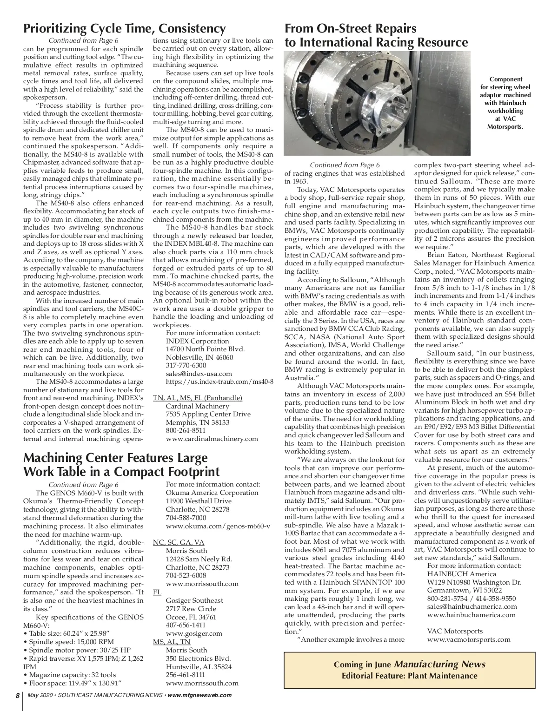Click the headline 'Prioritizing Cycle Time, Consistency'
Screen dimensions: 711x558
[124, 28]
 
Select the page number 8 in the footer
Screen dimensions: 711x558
[17, 696]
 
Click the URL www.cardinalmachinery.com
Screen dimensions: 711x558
[212, 439]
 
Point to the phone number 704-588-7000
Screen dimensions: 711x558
[186, 518]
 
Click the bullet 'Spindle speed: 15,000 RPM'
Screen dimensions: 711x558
[71, 642]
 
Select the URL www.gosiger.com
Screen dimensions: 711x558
[194, 633]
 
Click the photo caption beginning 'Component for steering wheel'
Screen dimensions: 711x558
[505, 103]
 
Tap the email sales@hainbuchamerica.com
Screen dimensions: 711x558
[472, 606]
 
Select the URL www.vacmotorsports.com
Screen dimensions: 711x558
[468, 639]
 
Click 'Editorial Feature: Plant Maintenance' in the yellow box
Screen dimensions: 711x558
[409, 676]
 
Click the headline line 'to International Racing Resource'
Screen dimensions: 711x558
[376, 43]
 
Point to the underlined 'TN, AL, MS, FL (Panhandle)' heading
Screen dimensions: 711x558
[198, 398]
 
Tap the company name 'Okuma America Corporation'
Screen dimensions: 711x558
[212, 493]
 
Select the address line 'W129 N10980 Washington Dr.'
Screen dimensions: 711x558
[474, 582]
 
